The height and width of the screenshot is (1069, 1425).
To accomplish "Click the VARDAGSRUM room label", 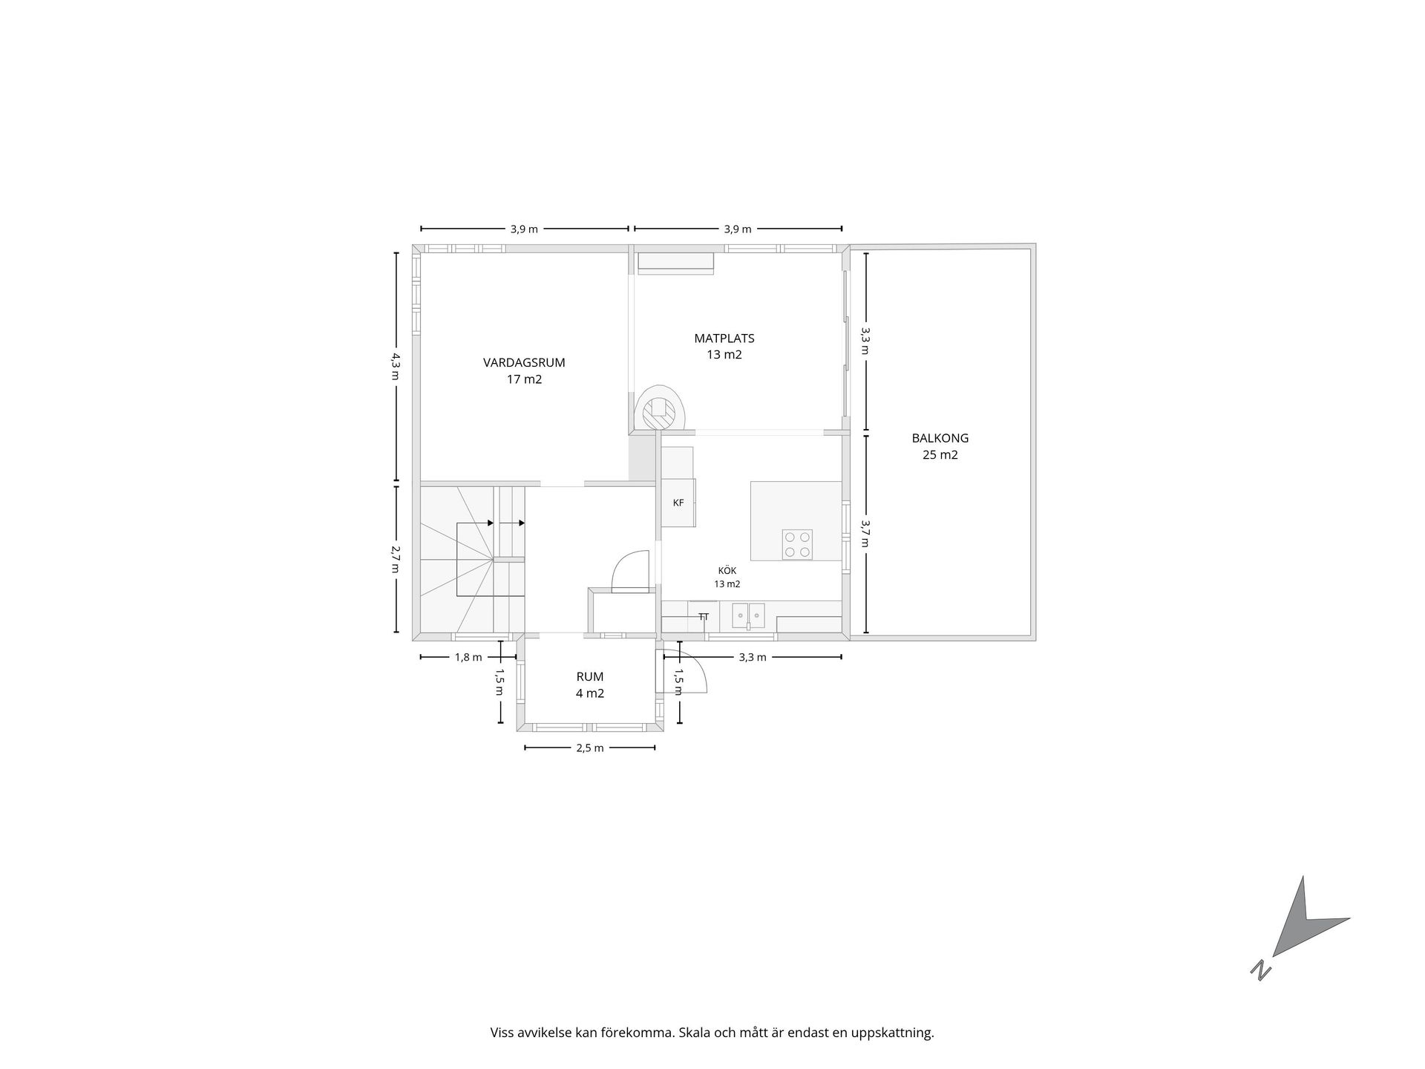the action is pos(524,363).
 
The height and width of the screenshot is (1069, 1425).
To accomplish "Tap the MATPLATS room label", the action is pos(724,339).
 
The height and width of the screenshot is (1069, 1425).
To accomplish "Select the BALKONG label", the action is pos(940,439).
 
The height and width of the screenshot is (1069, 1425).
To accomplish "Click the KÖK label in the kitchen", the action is pos(727,570).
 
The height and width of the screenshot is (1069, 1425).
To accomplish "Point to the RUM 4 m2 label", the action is pos(590,685).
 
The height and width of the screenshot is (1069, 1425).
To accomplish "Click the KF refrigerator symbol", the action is pos(678,503).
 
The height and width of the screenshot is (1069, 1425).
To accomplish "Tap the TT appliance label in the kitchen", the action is pos(704,617).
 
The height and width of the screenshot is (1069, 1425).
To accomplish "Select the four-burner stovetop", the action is pos(797,544).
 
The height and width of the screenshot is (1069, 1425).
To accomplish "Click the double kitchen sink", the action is pos(748,615).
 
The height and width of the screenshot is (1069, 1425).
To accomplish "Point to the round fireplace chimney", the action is pos(658,408).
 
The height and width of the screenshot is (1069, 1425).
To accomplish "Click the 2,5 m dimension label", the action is pos(590,748).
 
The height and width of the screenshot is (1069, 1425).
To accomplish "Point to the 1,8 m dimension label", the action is pos(468,657).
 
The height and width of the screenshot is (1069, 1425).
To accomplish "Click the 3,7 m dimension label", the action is pos(865,533).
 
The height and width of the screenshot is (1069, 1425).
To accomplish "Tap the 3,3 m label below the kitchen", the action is pos(753,657).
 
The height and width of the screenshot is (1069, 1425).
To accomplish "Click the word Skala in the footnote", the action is pos(695,1033).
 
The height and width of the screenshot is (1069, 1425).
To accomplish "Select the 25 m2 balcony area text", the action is pos(940,455).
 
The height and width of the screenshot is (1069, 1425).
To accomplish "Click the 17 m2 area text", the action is pos(524,379).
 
